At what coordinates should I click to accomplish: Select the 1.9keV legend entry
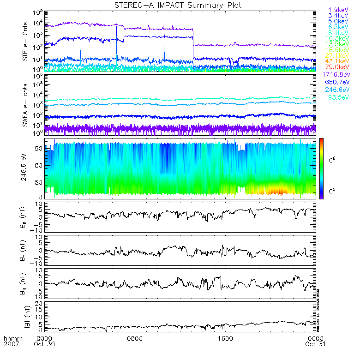pos(338,10)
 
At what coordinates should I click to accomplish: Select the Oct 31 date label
pos(316,344)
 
